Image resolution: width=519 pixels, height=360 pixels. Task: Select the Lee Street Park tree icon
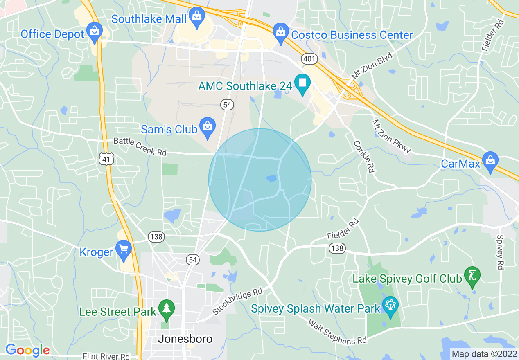pyautogui.click(x=167, y=310)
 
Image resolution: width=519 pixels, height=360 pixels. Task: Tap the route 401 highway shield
pyautogui.click(x=309, y=59)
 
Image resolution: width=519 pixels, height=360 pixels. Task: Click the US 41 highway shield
pyautogui.click(x=106, y=159)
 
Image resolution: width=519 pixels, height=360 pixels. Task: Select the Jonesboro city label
pyautogui.click(x=185, y=339)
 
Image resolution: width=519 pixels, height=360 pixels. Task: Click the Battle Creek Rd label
pyautogui.click(x=140, y=146)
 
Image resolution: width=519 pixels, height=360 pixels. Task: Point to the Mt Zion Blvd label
pyautogui.click(x=371, y=65)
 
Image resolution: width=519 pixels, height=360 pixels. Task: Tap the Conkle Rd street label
pyautogui.click(x=364, y=156)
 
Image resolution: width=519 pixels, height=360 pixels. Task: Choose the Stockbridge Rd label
pyautogui.click(x=237, y=301)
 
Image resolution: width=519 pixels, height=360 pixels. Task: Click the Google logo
pyautogui.click(x=27, y=350)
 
